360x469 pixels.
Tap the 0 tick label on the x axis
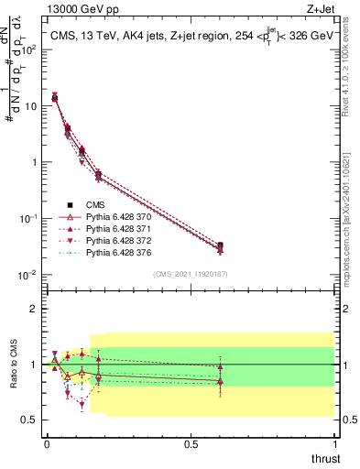[x=47, y=444]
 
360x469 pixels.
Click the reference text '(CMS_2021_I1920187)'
[x=190, y=274]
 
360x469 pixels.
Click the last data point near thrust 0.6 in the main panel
[x=220, y=247]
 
